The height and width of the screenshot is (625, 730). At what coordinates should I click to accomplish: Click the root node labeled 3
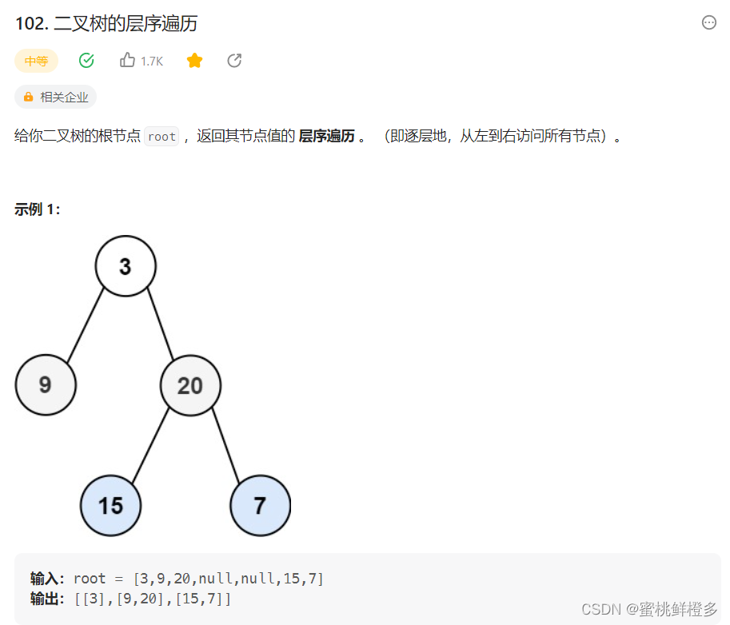click(x=126, y=266)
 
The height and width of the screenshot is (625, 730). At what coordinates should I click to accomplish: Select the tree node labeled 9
click(x=46, y=385)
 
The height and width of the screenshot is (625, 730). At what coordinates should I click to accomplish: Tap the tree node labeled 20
click(x=190, y=386)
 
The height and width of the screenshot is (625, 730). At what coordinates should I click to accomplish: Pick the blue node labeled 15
click(x=110, y=505)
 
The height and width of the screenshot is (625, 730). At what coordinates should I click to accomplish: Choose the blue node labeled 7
click(x=260, y=505)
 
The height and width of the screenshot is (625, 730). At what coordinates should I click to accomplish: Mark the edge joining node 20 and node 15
click(x=150, y=445)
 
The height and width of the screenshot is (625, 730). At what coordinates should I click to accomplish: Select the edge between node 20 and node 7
click(x=225, y=445)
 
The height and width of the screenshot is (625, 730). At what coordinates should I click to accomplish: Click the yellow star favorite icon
click(x=194, y=61)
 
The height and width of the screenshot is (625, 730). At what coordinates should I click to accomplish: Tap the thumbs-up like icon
click(x=127, y=61)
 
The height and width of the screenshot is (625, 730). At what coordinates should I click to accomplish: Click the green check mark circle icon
click(x=86, y=61)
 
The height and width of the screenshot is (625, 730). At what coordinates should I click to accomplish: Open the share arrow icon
click(x=234, y=61)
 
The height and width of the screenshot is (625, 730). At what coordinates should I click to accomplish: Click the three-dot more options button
click(x=709, y=22)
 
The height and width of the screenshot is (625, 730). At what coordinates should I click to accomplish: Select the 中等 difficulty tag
click(x=36, y=61)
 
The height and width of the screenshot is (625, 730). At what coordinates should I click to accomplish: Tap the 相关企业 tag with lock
click(x=55, y=98)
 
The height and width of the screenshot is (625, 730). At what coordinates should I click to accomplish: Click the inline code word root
click(x=162, y=137)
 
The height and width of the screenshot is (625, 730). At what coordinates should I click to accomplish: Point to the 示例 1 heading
click(x=37, y=209)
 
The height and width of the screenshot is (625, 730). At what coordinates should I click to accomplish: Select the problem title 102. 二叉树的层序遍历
click(x=106, y=24)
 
